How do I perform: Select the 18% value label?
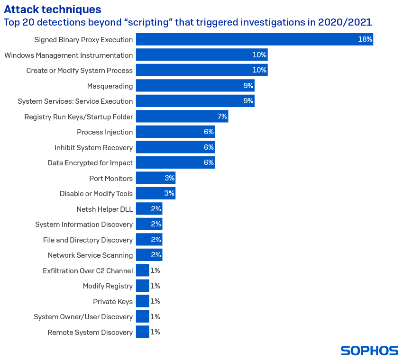click(365, 39)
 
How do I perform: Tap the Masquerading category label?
click(110, 86)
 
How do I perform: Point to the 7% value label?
click(222, 117)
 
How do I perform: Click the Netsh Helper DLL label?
click(105, 209)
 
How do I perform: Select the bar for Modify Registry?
click(142, 286)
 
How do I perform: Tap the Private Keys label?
click(113, 301)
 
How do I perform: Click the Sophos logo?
click(369, 351)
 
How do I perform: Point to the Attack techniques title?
click(52, 9)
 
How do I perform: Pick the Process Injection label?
click(105, 132)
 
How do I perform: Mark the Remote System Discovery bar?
click(142, 332)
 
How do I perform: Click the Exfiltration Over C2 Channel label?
click(88, 270)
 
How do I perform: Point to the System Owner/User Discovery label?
click(83, 316)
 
